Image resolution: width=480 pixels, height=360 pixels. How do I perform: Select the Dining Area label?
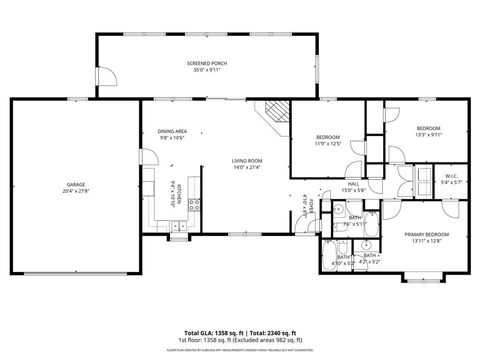point(172,131)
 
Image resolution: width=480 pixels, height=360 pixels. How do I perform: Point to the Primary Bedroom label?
point(427,233)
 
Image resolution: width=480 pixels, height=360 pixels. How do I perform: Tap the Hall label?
point(353,184)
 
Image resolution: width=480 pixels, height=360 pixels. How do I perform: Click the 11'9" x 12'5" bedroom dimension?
point(329,144)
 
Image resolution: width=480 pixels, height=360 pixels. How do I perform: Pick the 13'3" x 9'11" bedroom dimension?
point(428,135)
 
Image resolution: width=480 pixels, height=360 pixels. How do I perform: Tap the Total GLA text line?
point(240,332)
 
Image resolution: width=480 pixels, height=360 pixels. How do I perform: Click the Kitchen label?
point(177,187)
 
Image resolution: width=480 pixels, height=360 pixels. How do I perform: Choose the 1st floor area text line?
point(240,340)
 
